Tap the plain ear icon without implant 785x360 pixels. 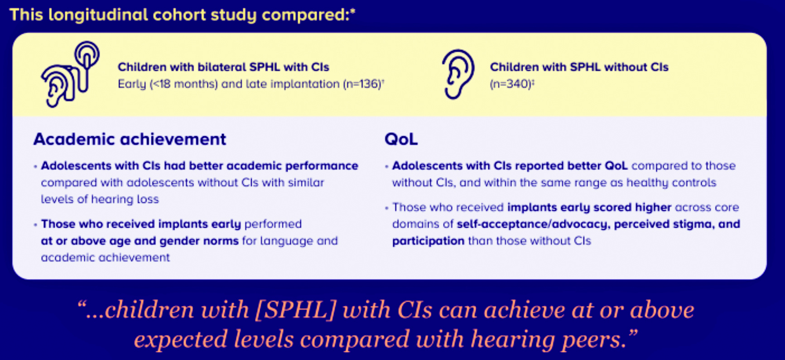458,74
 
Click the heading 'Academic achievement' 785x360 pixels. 130,139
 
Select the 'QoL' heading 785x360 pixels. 401,139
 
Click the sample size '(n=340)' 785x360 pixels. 510,84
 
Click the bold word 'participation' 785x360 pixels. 428,241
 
